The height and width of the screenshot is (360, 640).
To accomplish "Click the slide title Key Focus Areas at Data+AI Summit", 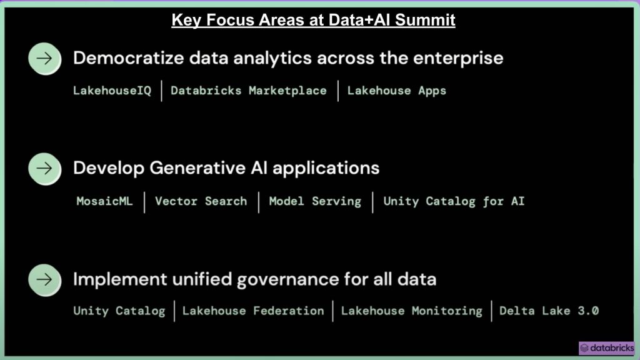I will (x=313, y=20).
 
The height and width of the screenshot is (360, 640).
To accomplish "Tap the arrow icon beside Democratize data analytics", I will (x=44, y=59).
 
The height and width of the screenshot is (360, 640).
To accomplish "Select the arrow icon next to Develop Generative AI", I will (x=44, y=168).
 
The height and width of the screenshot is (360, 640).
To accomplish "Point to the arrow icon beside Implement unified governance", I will (x=44, y=278).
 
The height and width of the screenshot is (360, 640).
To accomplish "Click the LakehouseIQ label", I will (x=112, y=91).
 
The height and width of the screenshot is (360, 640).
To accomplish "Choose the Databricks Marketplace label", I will (x=248, y=91).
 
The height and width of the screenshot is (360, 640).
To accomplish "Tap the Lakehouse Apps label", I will (x=397, y=91).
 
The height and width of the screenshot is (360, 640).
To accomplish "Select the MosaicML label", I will (x=104, y=201).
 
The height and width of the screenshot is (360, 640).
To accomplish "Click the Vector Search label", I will (x=201, y=201).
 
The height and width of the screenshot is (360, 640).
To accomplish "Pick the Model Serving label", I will (x=315, y=201).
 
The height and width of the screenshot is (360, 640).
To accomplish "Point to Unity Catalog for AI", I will (x=454, y=201).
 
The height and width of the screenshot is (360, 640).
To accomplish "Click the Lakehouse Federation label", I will (x=253, y=311).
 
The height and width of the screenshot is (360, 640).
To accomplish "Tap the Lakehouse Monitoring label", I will (x=411, y=311).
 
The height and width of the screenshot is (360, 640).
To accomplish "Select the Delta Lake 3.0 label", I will (x=549, y=311).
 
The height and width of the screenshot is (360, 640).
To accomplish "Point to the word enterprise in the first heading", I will (x=459, y=59).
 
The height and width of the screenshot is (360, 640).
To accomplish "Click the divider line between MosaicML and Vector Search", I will (x=144, y=202).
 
